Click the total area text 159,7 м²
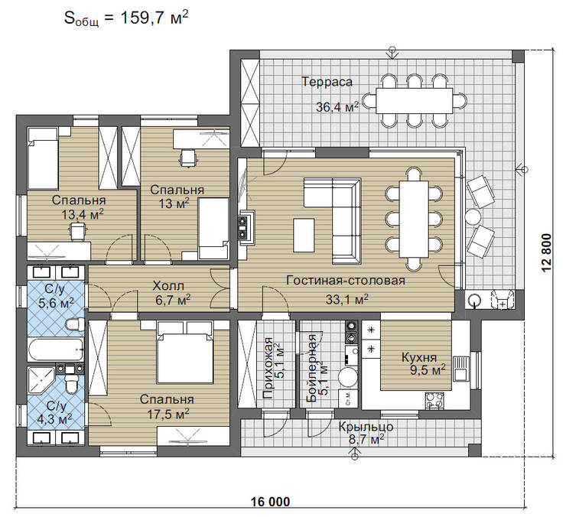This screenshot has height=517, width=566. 155,18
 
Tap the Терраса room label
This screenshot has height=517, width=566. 327,82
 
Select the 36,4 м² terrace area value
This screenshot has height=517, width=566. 337,106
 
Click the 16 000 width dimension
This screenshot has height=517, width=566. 270,502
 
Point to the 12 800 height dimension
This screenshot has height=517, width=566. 547,252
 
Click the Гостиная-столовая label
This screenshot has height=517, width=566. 346,280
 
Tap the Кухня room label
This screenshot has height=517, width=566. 419,357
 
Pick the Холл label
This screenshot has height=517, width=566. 168,286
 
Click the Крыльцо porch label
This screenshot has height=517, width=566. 366,427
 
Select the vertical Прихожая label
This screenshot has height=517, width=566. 268,368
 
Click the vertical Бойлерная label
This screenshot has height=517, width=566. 311,369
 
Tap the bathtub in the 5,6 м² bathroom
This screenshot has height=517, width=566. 56,350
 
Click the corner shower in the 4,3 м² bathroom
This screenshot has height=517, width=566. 40,381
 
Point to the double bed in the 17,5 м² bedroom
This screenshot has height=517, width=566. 184,353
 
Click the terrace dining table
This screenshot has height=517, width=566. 414,101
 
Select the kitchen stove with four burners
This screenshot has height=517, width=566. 434,400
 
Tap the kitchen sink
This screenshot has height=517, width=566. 460,369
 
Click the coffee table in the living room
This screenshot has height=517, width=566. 304,235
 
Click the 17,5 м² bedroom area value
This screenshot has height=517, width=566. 168,414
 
